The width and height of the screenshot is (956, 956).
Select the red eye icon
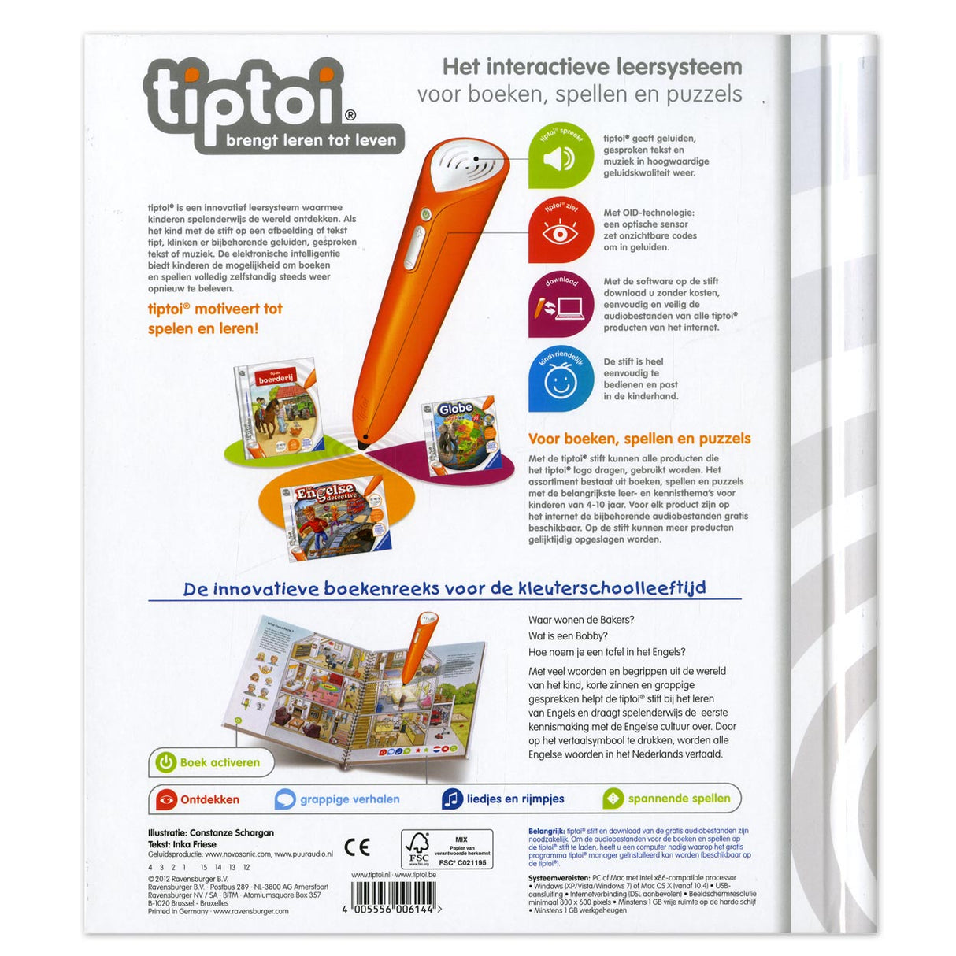click(x=560, y=233)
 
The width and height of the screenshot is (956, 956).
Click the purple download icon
click(x=560, y=305)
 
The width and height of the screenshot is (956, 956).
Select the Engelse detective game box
click(x=335, y=516)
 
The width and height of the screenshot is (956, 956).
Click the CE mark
click(x=357, y=847)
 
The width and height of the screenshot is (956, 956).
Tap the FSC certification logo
click(x=417, y=849)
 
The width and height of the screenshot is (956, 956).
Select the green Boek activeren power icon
click(x=165, y=762)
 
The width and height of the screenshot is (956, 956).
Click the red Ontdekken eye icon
click(x=166, y=800)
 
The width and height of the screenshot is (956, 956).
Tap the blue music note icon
click(x=451, y=799)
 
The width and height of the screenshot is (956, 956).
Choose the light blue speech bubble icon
click(x=284, y=800)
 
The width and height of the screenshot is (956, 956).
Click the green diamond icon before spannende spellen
click(x=613, y=799)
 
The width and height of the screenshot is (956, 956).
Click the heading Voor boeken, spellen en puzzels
click(x=639, y=439)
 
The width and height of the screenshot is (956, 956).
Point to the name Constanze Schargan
click(x=232, y=832)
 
